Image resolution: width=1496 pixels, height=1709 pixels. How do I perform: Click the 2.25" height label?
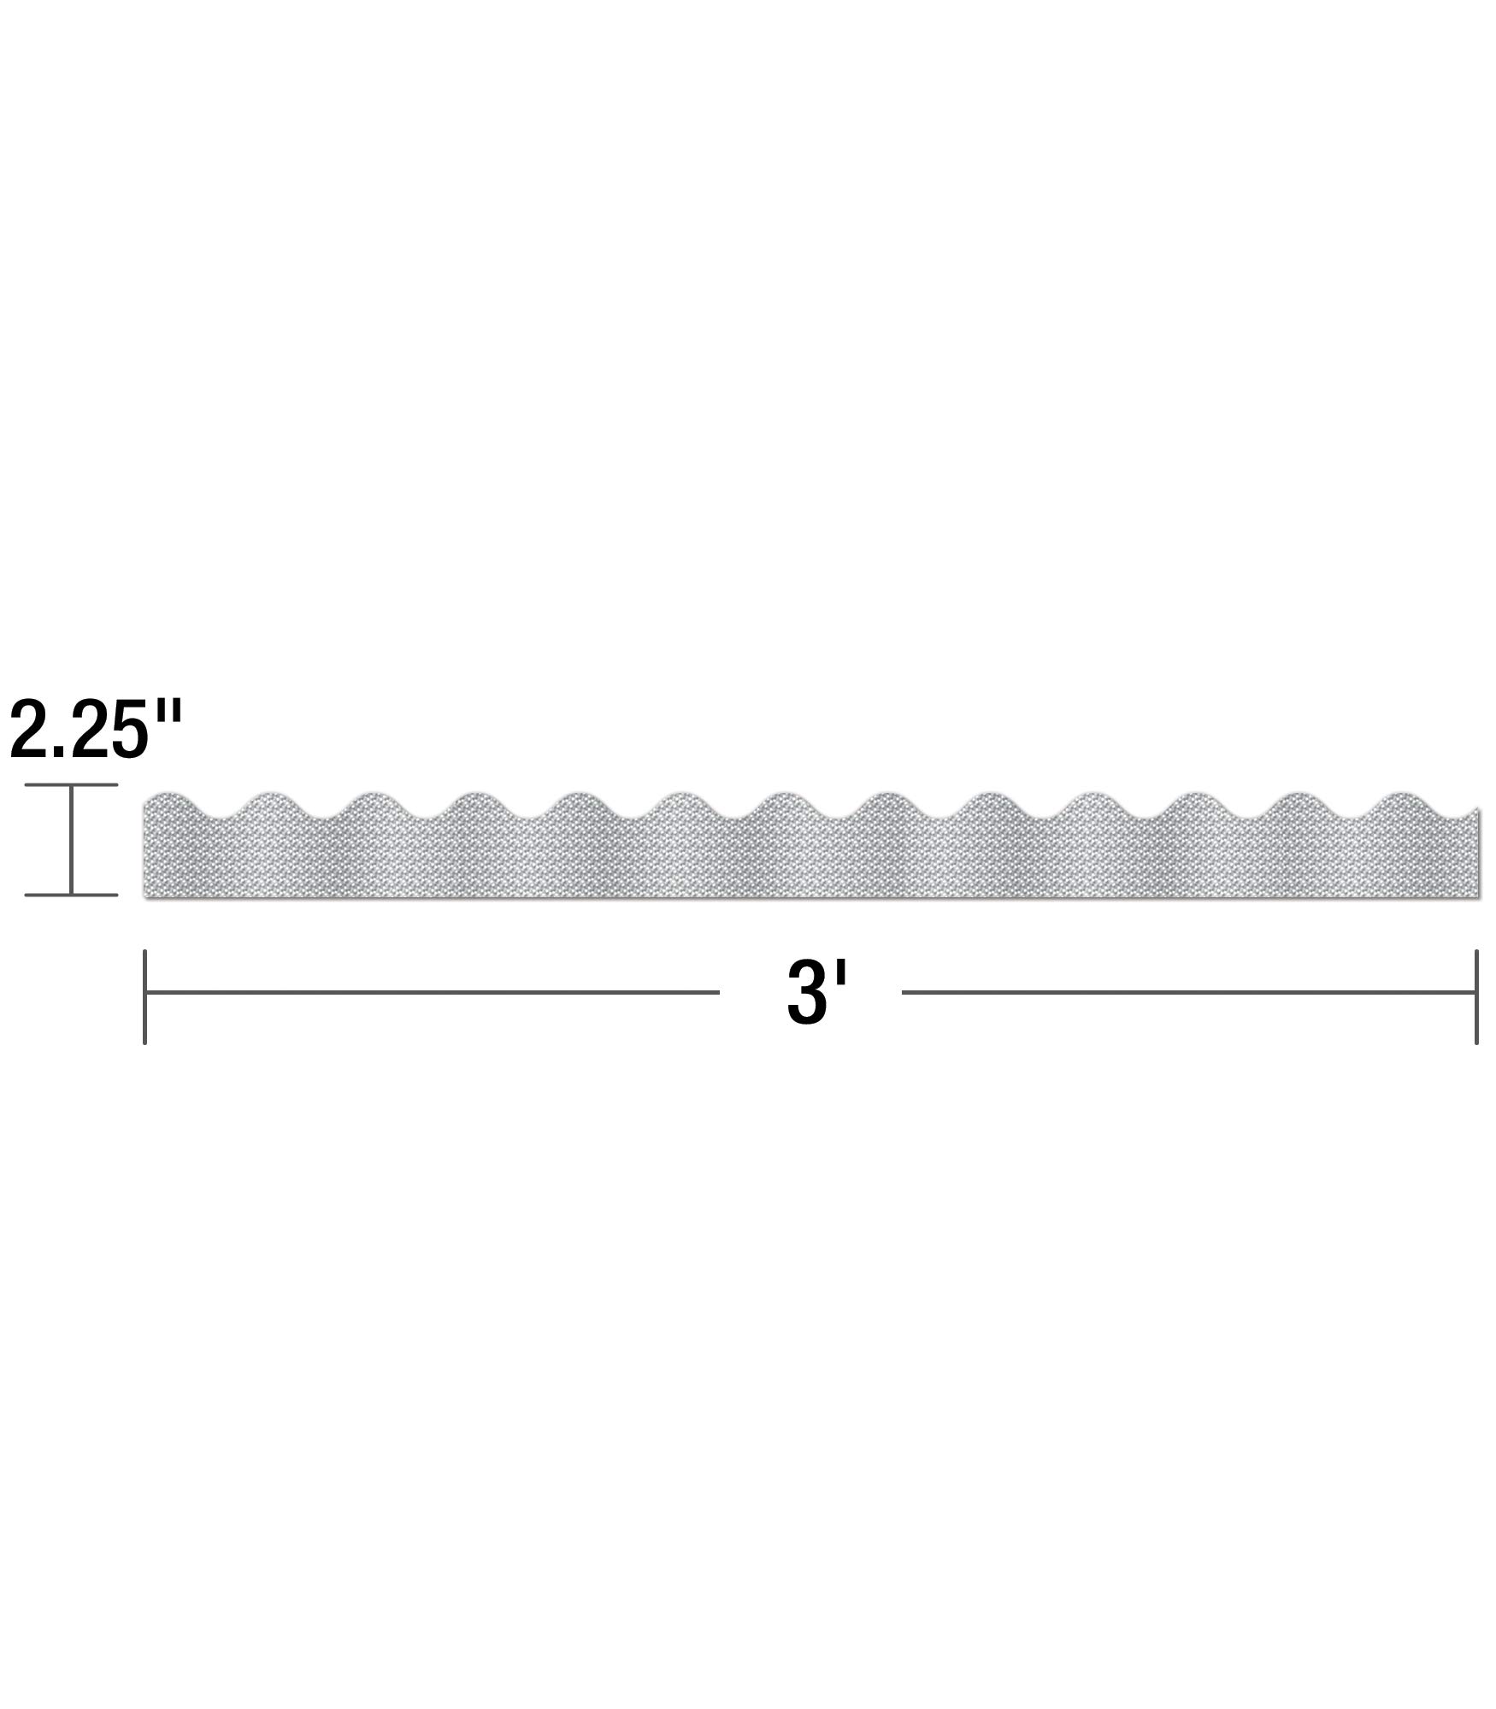coord(96,727)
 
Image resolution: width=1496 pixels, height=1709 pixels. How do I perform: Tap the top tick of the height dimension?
coord(71,785)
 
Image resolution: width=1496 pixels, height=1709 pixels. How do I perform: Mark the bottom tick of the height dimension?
coord(71,895)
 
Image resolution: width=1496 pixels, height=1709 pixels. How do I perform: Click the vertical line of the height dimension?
coord(71,840)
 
